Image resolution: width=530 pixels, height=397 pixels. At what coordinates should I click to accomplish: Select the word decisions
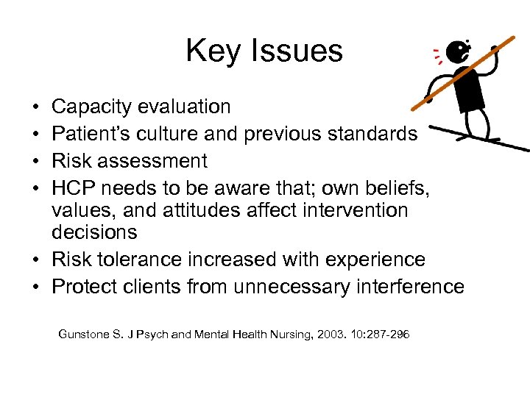94,232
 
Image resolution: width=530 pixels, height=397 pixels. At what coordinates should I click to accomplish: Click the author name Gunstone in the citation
85,335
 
